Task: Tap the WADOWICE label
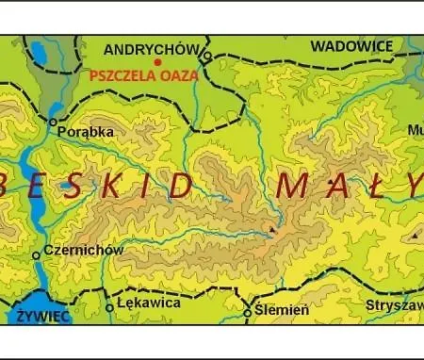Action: (x=351, y=45)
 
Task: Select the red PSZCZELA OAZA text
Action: (x=144, y=75)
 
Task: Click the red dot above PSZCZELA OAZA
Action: (x=157, y=62)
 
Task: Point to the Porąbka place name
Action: (x=86, y=133)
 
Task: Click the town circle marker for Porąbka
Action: (x=54, y=123)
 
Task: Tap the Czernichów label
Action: (x=84, y=250)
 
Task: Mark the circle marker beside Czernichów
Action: (x=37, y=254)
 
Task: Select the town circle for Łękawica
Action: (x=110, y=307)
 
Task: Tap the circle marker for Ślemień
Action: (x=248, y=312)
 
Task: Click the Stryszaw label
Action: (x=394, y=305)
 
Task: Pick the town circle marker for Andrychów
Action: (x=207, y=57)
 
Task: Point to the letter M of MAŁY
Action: (x=293, y=186)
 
